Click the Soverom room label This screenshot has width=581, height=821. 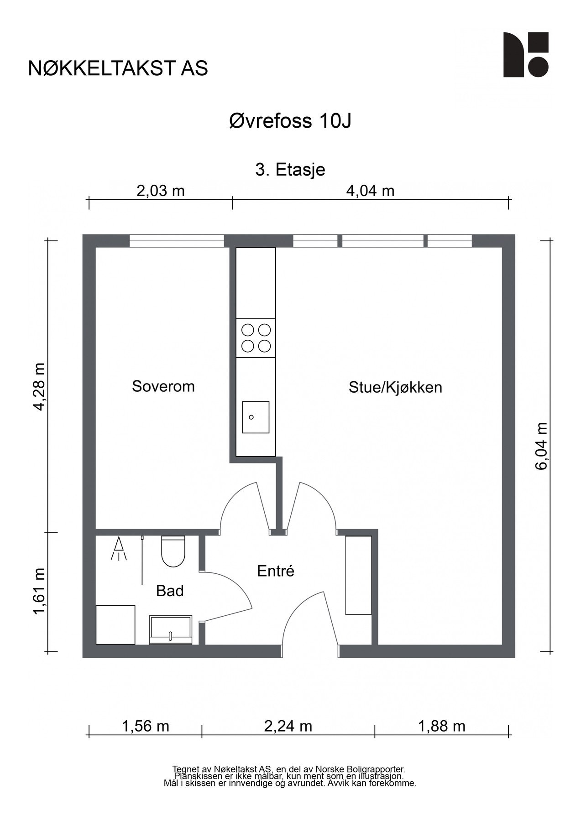163,386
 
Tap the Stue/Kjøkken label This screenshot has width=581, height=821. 395,387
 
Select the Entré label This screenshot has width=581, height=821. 275,571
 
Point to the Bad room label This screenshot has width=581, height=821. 170,591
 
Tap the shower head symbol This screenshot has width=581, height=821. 119,548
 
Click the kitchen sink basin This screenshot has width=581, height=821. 255,417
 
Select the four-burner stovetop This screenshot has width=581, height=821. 256,338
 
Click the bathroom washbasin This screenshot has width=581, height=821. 171,630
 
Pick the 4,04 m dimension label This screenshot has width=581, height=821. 370,191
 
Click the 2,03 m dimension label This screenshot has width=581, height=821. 160,191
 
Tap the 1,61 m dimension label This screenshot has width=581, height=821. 40,591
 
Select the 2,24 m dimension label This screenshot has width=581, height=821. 288,726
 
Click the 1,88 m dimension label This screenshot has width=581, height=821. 441,726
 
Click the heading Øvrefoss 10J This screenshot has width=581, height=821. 290,121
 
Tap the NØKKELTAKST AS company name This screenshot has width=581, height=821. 118,68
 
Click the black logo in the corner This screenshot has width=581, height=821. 525,55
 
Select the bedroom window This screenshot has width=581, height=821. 176,240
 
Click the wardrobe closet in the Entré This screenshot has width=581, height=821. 358,575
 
